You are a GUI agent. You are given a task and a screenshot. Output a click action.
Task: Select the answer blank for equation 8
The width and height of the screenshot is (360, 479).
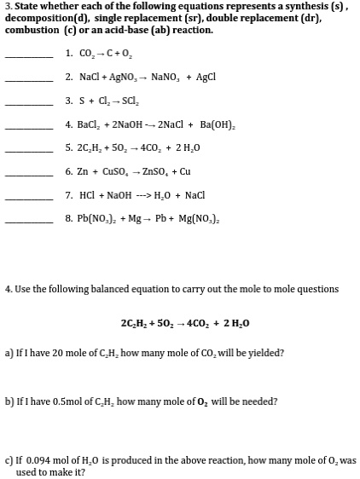(30, 226)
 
